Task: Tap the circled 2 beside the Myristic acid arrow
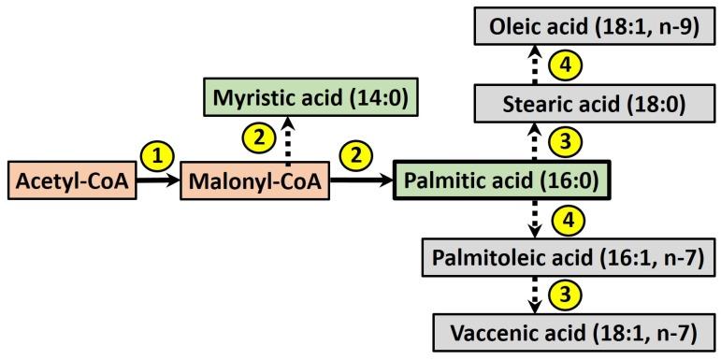point(262,137)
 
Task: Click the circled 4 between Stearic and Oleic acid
point(564,65)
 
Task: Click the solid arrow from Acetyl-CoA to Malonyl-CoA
point(158,181)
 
